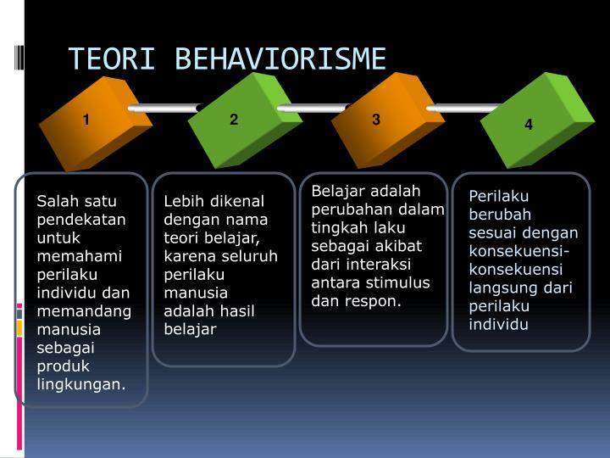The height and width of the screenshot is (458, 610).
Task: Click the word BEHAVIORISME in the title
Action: [x=280, y=59]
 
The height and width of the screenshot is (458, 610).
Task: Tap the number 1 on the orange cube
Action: [x=86, y=120]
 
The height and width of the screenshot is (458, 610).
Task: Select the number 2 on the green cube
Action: [x=234, y=120]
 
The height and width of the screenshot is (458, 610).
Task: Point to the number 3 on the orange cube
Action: [x=376, y=120]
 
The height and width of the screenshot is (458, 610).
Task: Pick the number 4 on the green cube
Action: [x=529, y=125]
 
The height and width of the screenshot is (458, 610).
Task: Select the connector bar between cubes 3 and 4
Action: [x=462, y=109]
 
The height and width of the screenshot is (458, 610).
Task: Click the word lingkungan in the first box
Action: [x=80, y=384]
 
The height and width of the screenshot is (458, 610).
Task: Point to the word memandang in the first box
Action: [x=84, y=311]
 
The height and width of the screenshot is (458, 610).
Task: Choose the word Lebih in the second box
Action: [x=182, y=201]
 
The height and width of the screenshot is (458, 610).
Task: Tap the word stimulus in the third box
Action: [x=399, y=282]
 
